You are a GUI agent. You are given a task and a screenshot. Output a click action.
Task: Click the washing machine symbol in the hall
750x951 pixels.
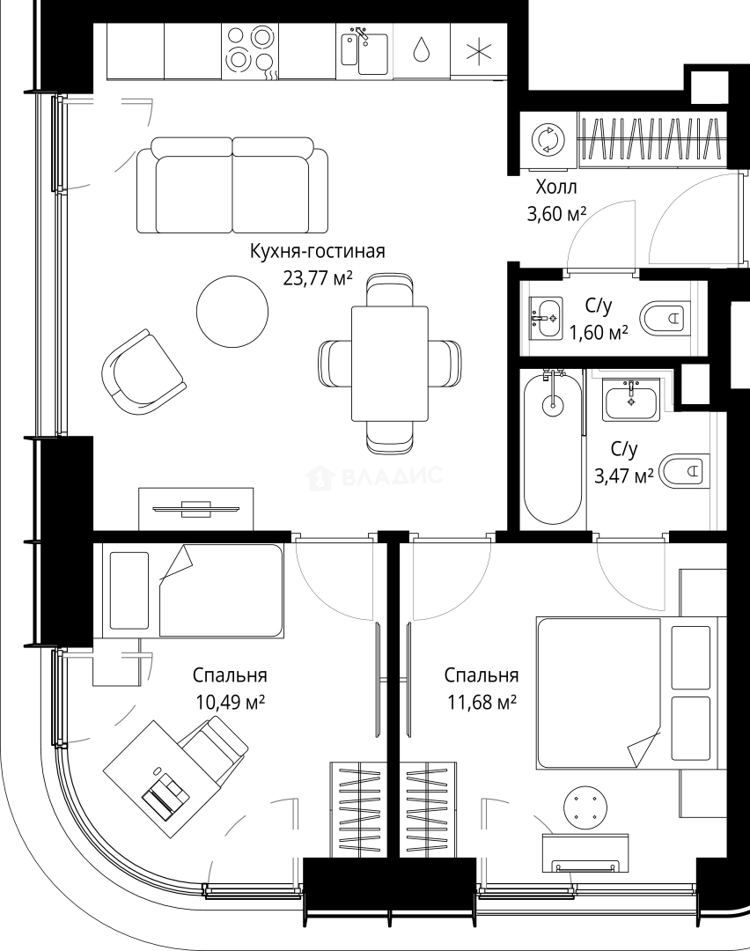coord(548,140)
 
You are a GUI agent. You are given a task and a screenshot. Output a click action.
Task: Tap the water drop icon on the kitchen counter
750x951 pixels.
coord(420,49)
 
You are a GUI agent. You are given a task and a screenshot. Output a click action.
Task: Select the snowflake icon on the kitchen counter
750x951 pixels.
coord(478,51)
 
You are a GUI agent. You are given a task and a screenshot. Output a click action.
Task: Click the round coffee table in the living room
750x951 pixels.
coord(232,311)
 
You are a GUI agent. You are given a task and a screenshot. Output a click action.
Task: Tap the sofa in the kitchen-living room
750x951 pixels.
coord(232,186)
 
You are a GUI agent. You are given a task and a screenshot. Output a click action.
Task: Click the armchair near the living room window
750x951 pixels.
coord(143,372)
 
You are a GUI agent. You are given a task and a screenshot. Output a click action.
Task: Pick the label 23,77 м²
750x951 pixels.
coord(318,278)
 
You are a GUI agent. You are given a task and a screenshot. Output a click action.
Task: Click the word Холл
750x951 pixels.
coord(556,187)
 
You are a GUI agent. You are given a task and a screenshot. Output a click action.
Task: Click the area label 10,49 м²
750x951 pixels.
coord(230,703)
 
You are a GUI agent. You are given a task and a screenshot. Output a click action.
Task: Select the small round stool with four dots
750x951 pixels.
coord(585,805)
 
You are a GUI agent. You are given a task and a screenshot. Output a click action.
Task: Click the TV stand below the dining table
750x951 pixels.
coord(196,508)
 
